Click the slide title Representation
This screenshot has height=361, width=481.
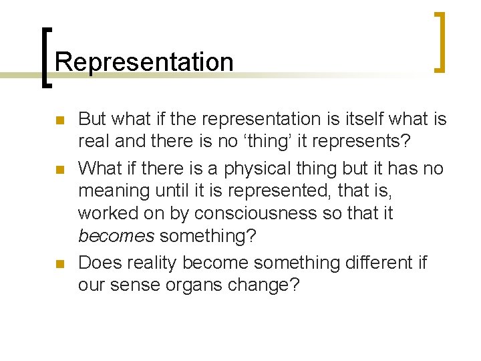coord(144,62)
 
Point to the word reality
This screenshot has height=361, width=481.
coord(150,263)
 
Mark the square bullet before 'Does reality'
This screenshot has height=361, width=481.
coord(58,264)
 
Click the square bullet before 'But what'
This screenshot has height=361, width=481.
coord(58,121)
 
